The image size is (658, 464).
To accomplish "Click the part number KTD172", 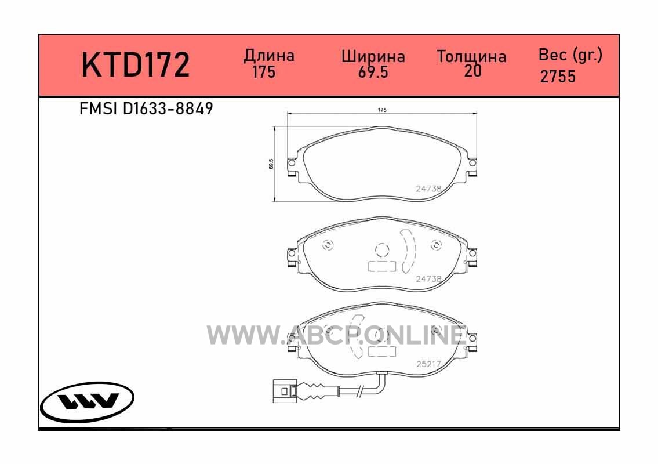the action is point(136,64).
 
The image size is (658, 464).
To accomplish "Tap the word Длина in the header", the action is point(269,56).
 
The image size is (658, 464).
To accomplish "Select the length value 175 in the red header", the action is point(264,72).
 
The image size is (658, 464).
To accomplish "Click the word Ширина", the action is point(373,57).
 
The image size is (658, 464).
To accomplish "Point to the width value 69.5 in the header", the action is point(373,72).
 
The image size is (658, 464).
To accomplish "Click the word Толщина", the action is point(472,56).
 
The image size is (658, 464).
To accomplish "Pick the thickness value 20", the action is point(473,71).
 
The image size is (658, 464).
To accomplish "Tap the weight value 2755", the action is point(558,77).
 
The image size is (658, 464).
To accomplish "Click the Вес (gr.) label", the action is point(570,55).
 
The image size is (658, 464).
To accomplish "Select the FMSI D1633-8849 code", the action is point(146,109).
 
